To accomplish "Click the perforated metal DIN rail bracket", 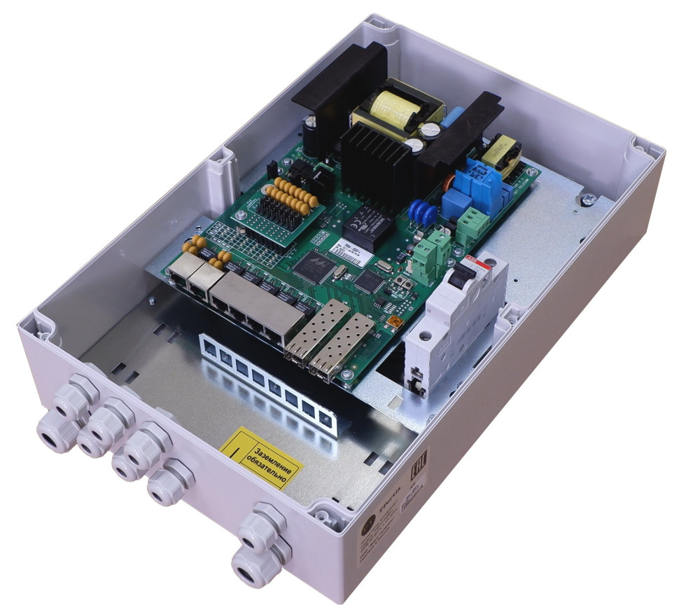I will [x=266, y=378].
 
